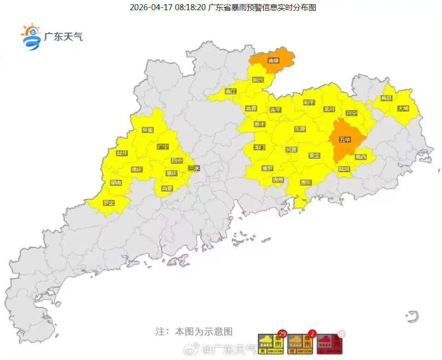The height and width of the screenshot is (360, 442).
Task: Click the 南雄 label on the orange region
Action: pos(273,60)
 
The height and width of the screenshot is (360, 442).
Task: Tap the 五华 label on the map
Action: pos(345,139)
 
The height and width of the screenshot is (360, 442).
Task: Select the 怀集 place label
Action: pos(148,130)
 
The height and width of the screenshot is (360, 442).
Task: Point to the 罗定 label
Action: pos(109,202)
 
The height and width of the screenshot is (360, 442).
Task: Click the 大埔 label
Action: pos(403,109)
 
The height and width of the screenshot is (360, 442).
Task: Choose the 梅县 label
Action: pos(387,98)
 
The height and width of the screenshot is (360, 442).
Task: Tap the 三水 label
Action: pos(194,168)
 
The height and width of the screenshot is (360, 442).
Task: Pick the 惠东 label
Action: pos(306,182)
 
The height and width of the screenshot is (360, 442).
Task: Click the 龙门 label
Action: pos(260,147)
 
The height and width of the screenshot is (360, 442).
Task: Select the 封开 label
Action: pos(122,153)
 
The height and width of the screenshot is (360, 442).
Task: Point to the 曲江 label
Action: pos(231,91)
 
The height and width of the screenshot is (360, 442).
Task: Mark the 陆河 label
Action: pos(344,169)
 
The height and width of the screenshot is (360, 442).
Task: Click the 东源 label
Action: pos(300,129)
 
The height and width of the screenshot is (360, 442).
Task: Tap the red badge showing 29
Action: pos(282,334)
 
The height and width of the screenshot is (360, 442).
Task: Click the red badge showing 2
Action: pos(312,334)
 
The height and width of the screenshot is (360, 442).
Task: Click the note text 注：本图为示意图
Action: pos(194,331)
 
